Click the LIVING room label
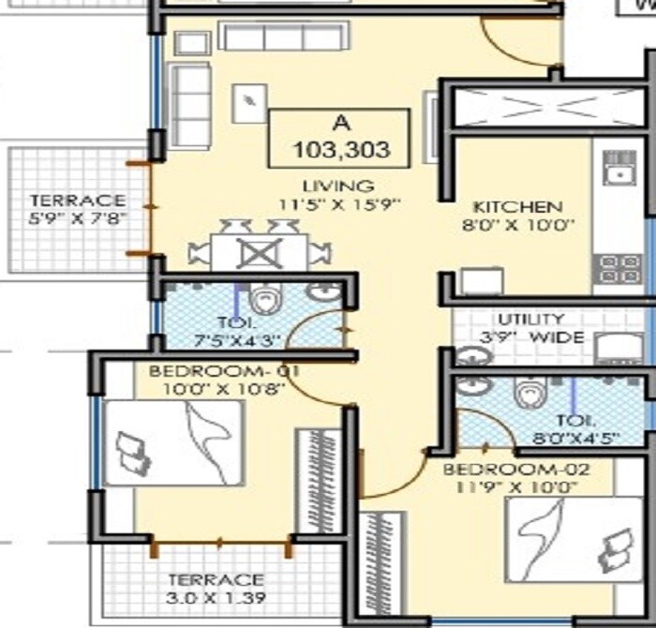(338, 185)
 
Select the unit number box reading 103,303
(339, 138)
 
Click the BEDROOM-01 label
(224, 371)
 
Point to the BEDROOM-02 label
(512, 469)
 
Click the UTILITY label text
(530, 319)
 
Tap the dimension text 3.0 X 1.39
(216, 598)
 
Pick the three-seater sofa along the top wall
(266, 37)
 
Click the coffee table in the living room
(250, 101)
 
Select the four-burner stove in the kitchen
(619, 269)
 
